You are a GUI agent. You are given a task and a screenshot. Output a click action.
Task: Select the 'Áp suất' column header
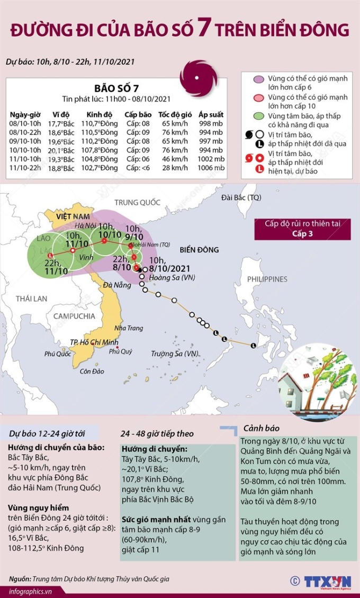click(211, 114)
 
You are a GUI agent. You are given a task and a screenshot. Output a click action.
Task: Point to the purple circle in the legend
click(259, 79)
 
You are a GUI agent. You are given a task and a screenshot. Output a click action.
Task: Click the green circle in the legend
click(259, 116)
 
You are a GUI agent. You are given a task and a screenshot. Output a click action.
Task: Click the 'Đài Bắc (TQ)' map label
click(241, 197)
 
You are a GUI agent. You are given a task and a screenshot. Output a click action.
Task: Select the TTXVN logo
click(327, 581)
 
